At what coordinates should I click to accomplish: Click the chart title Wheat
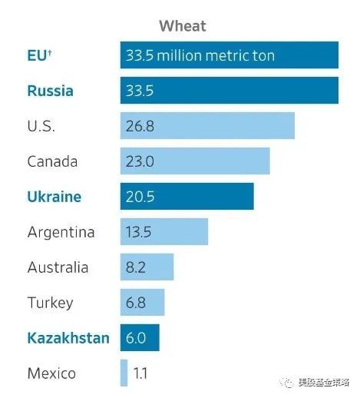click(183, 26)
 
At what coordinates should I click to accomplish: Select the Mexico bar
click(124, 373)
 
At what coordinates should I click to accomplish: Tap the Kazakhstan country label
click(68, 338)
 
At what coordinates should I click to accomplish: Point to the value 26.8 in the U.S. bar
click(140, 126)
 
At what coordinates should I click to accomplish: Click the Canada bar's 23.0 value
click(140, 161)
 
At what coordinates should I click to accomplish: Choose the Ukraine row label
click(54, 197)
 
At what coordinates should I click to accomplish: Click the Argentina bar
click(164, 231)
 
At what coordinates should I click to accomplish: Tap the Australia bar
click(147, 267)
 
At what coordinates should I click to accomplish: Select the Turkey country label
click(50, 303)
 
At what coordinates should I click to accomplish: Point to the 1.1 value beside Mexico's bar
click(140, 373)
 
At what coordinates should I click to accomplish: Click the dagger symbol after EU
click(50, 53)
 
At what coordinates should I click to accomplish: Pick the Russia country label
click(50, 91)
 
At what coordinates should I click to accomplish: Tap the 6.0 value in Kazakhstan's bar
click(136, 338)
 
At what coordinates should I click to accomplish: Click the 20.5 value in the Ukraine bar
click(140, 197)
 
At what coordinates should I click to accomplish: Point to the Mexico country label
click(51, 373)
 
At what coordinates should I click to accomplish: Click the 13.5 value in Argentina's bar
click(138, 232)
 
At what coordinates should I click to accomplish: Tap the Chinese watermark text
click(323, 383)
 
